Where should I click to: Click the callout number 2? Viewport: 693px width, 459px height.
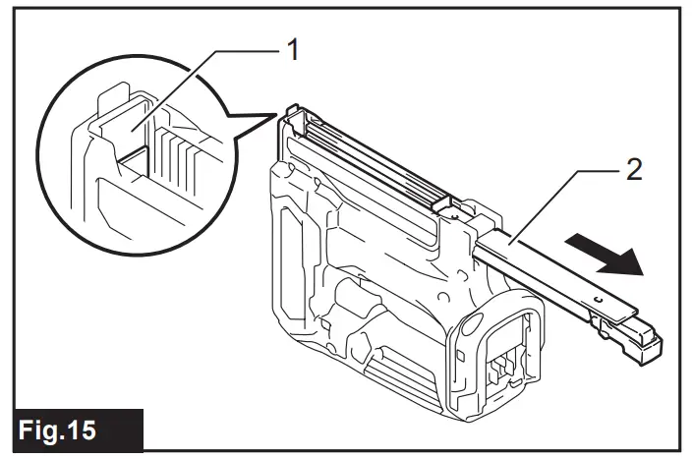633,169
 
